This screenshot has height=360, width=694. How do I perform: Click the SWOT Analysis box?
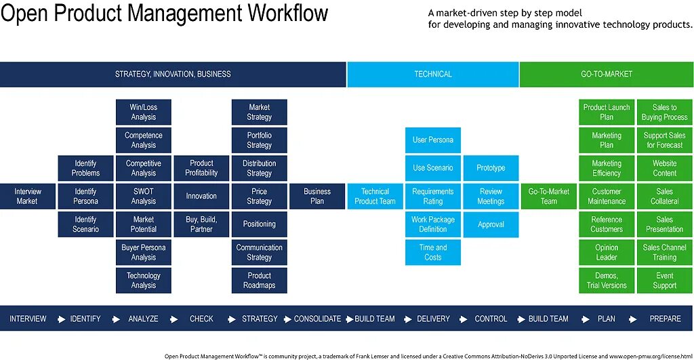tap(143, 197)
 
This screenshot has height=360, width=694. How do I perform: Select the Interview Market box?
tap(27, 197)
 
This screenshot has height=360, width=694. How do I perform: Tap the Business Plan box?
tap(317, 197)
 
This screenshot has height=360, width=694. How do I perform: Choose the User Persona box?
tap(433, 140)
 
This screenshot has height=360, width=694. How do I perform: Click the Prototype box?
tap(491, 168)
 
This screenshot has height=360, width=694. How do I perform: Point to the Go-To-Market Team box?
tap(548, 197)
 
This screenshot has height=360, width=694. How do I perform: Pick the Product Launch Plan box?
tap(607, 113)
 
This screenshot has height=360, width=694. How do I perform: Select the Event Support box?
tap(664, 281)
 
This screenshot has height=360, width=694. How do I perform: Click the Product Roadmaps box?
tap(259, 281)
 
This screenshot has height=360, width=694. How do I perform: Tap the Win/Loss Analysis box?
tap(143, 113)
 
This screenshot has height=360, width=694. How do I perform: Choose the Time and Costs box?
tap(433, 253)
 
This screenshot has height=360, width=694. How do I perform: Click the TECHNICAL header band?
tap(433, 75)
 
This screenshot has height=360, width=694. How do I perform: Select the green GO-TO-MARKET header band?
tap(607, 75)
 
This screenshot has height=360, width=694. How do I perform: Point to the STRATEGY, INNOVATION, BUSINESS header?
tap(173, 75)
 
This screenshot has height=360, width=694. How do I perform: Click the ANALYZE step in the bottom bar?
tap(143, 319)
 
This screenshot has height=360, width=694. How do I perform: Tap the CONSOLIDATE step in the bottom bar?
tap(317, 319)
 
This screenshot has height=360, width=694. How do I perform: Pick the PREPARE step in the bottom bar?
tap(664, 319)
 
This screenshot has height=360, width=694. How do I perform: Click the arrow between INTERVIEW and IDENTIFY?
tap(61, 319)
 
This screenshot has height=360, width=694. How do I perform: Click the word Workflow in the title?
tap(279, 14)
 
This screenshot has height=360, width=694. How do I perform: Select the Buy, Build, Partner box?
tap(201, 224)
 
